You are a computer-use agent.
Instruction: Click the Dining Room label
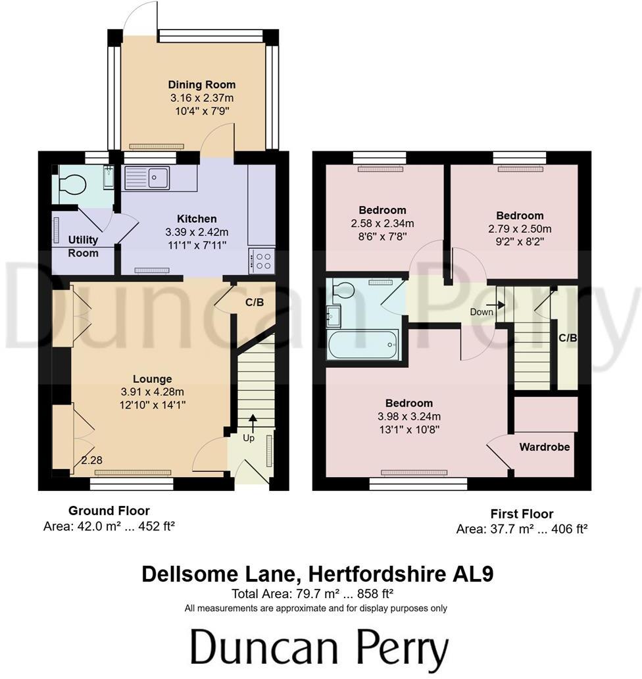(x=201, y=85)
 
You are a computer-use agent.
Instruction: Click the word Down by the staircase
(x=481, y=312)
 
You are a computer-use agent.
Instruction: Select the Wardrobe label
(x=545, y=447)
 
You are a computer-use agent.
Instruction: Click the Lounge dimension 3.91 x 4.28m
(x=153, y=392)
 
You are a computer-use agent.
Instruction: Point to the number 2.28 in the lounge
(x=92, y=461)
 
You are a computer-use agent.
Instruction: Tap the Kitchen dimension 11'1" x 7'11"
(x=197, y=245)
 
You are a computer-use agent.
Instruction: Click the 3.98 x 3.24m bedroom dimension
(x=409, y=416)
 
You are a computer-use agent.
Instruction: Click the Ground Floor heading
(x=109, y=511)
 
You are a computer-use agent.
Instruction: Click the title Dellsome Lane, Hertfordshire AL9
(x=318, y=574)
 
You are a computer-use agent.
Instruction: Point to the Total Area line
(x=318, y=593)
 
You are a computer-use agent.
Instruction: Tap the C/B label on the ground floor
(x=255, y=303)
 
